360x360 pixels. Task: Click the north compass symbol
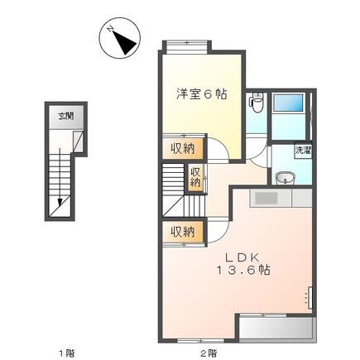pos(120,38)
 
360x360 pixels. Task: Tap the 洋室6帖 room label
pos(202,94)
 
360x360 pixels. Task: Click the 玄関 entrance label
pos(66,116)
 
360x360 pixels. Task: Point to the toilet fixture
pos(257,103)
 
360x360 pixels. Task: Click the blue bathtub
pos(288,103)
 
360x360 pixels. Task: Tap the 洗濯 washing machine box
pos(303,151)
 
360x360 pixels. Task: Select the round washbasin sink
pos(285,178)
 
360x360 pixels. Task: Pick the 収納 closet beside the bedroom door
pos(183,149)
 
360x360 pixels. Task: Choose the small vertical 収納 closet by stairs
pos(195,178)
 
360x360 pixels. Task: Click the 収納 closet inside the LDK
pos(183,232)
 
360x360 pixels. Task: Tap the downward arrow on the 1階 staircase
pos(60,177)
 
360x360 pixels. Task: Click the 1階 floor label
pos(67,353)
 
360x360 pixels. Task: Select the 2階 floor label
pos(209,353)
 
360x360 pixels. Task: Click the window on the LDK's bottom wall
pos(200,340)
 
